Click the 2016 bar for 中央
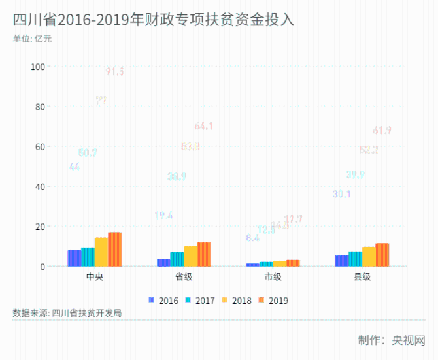(x=75, y=258)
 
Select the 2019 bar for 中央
(x=115, y=250)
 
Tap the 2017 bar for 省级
(x=177, y=259)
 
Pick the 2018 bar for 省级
(x=190, y=256)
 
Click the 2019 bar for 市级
(x=293, y=263)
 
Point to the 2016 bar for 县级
(x=342, y=260)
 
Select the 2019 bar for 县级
(x=382, y=255)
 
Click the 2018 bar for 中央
(x=101, y=252)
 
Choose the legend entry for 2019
(x=273, y=301)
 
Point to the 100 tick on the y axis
(x=38, y=67)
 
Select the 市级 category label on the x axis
(x=273, y=277)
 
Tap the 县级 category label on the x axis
(x=362, y=277)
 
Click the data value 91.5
(x=115, y=72)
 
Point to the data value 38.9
(x=177, y=176)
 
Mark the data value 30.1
(x=342, y=194)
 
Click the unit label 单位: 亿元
(x=32, y=39)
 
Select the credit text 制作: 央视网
(x=391, y=340)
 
